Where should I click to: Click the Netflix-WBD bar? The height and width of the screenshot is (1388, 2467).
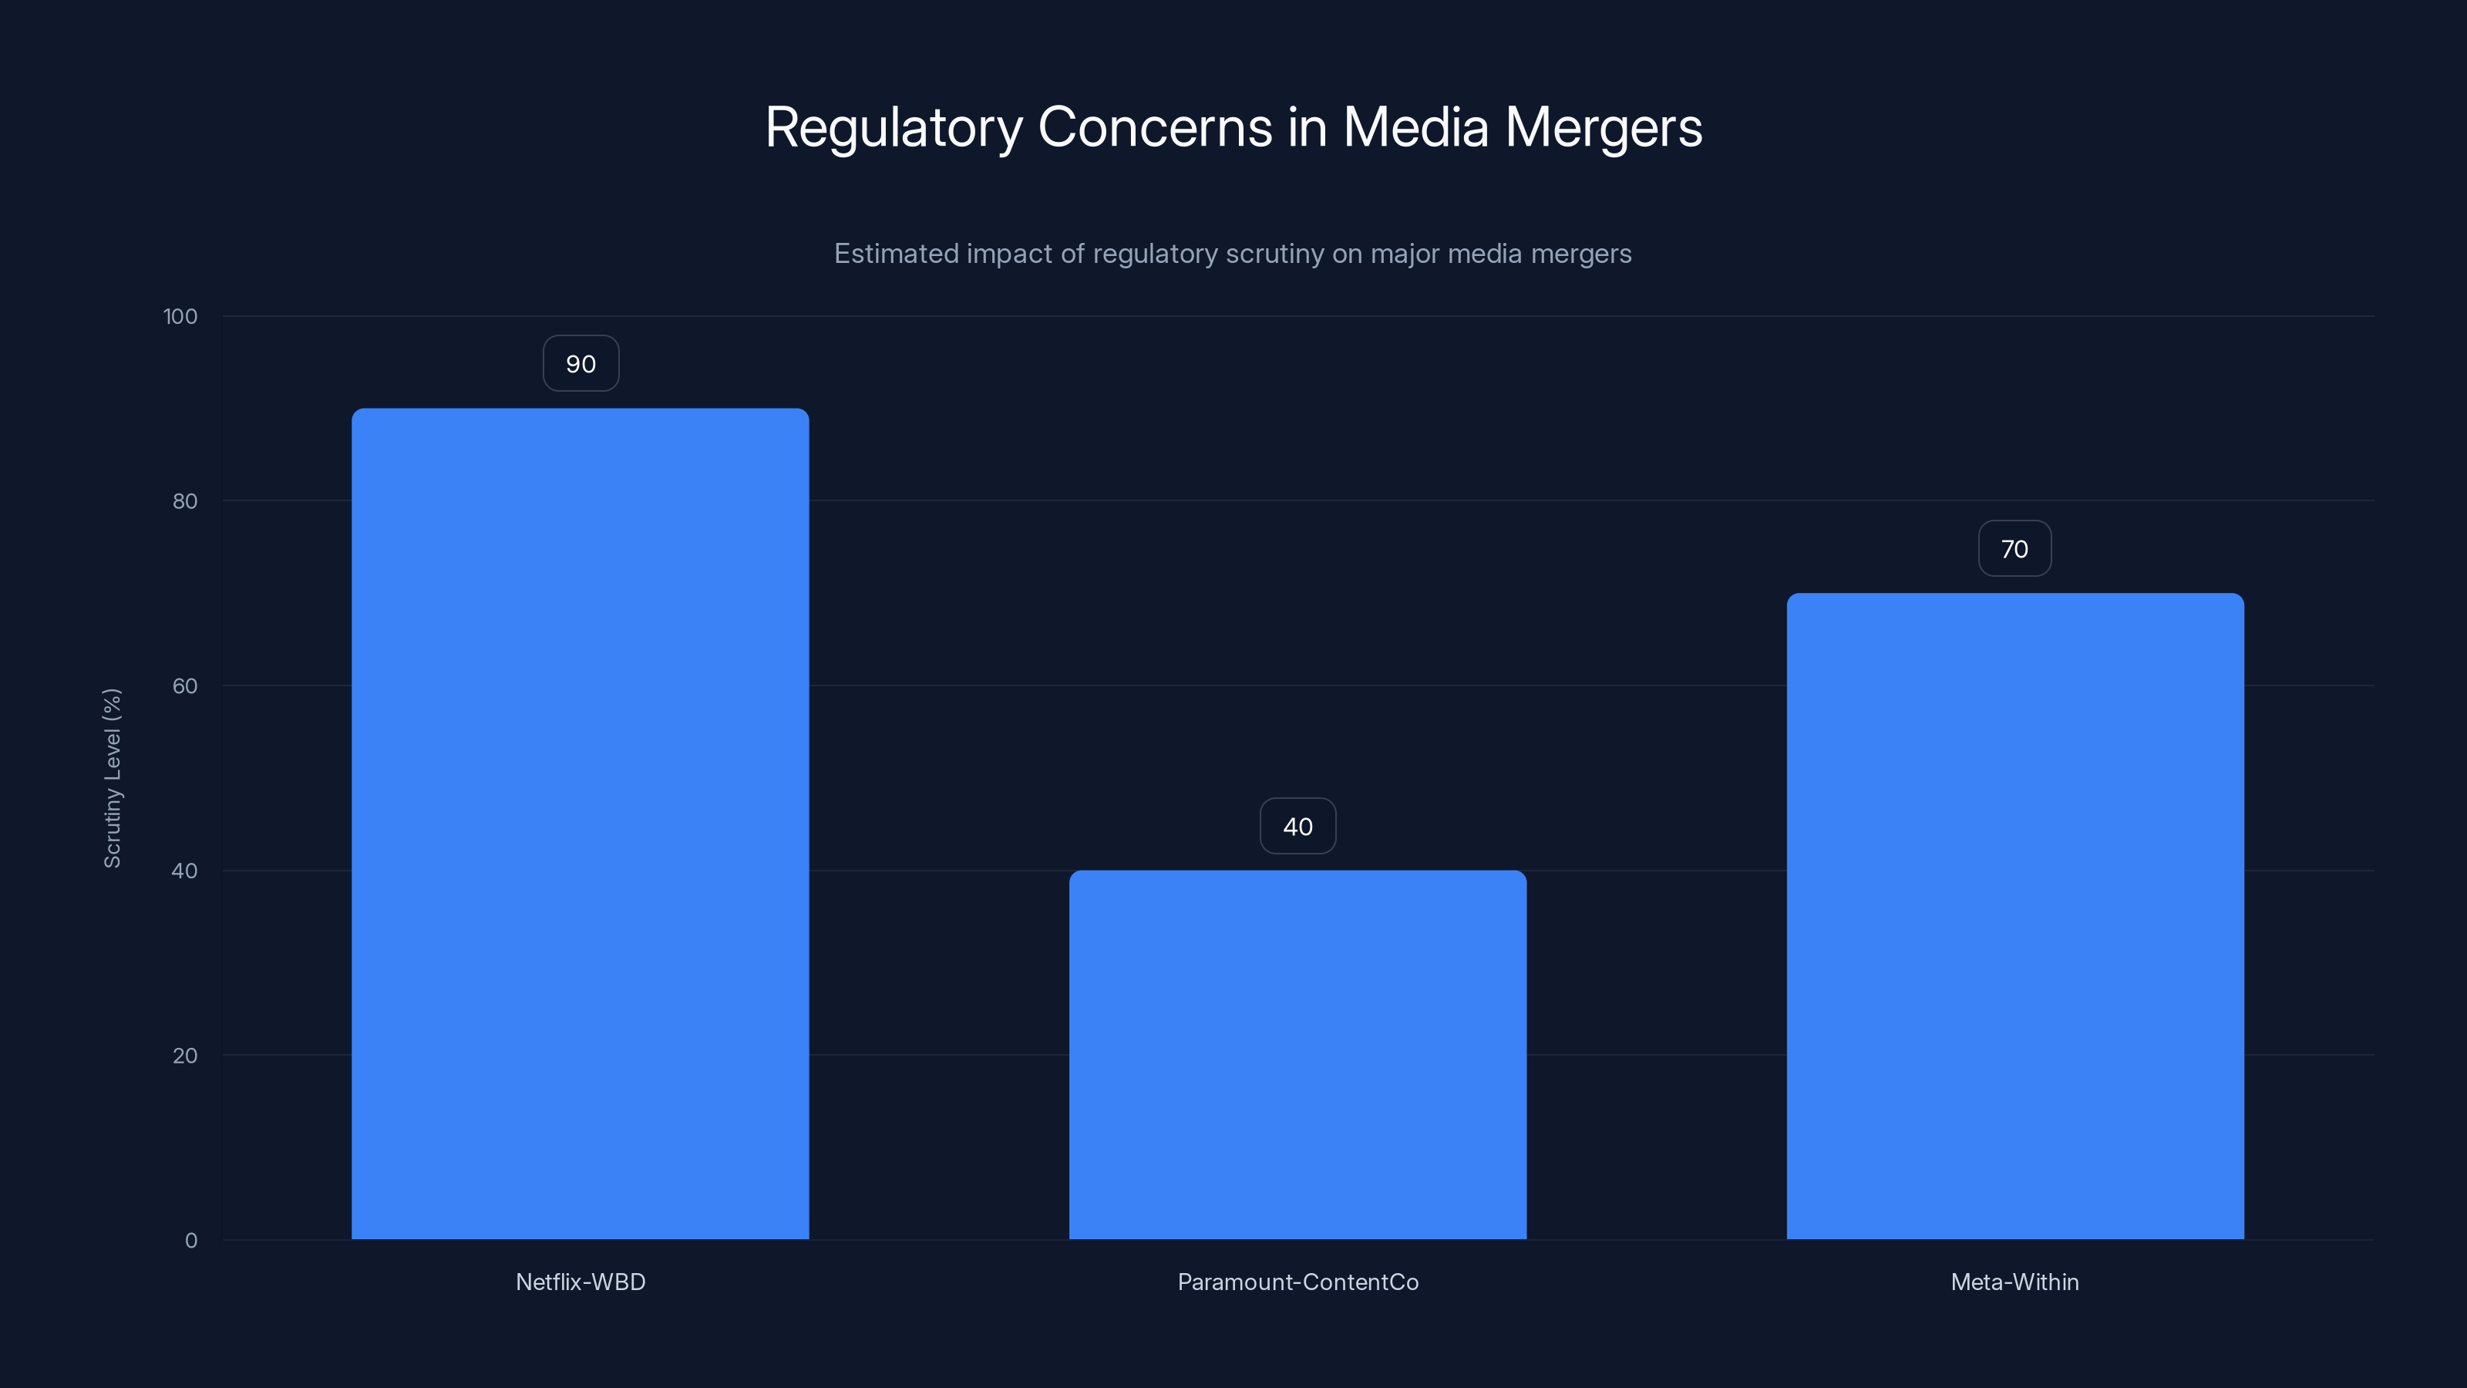tap(580, 824)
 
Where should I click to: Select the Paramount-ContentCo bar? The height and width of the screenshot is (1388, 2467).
tap(1297, 1053)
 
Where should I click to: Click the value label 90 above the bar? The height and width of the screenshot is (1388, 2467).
tap(581, 364)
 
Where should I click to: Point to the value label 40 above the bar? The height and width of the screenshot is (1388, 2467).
tap(1297, 827)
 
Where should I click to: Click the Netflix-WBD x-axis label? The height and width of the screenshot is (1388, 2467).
tap(581, 1282)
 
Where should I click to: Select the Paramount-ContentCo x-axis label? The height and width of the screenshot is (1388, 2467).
tap(1297, 1282)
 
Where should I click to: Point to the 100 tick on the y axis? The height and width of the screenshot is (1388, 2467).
tap(180, 316)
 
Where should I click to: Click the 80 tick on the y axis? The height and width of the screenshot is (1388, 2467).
tap(185, 501)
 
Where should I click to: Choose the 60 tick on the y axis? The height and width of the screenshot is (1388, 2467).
tap(185, 686)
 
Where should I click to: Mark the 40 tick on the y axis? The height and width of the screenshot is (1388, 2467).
tap(185, 871)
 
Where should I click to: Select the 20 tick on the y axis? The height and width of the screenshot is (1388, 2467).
tap(185, 1056)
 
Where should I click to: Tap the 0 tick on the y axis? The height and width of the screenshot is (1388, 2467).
tap(190, 1241)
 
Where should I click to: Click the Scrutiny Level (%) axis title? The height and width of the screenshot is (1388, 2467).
tap(112, 778)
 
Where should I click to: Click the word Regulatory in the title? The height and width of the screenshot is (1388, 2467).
tap(894, 127)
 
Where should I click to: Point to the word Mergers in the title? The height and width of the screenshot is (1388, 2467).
tap(1604, 127)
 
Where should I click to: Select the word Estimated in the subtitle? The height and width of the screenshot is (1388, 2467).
tap(895, 254)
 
